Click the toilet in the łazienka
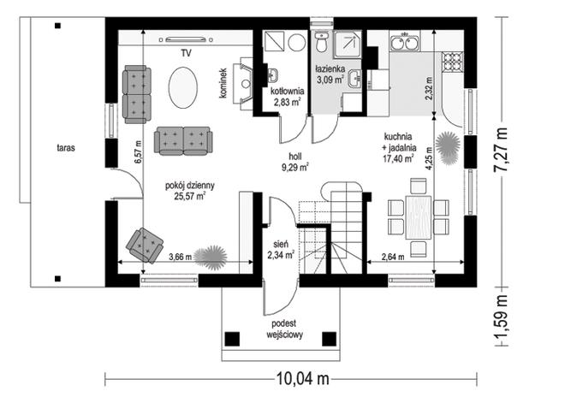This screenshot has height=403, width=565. click(x=320, y=41)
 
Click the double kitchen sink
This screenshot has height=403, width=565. click(x=405, y=42)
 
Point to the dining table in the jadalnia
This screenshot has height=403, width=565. click(x=419, y=217)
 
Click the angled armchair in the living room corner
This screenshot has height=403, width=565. click(x=144, y=245)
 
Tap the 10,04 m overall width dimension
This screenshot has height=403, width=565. click(x=303, y=379)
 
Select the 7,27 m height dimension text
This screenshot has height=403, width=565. click(x=501, y=150)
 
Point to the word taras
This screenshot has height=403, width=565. click(x=66, y=147)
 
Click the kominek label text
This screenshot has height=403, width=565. click(x=223, y=83)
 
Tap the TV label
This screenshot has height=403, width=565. click(x=187, y=54)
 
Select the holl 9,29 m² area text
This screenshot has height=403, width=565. click(x=295, y=162)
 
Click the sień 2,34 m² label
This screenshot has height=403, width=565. click(x=281, y=250)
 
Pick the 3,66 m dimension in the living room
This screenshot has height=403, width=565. click(x=180, y=257)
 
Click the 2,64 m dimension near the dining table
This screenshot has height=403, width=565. click(x=393, y=257)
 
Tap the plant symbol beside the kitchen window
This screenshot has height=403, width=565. click(x=448, y=148)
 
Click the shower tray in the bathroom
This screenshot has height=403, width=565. click(x=347, y=44)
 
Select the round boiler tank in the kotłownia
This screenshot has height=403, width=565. click(x=297, y=43)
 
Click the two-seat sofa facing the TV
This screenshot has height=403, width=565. click(x=183, y=140)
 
